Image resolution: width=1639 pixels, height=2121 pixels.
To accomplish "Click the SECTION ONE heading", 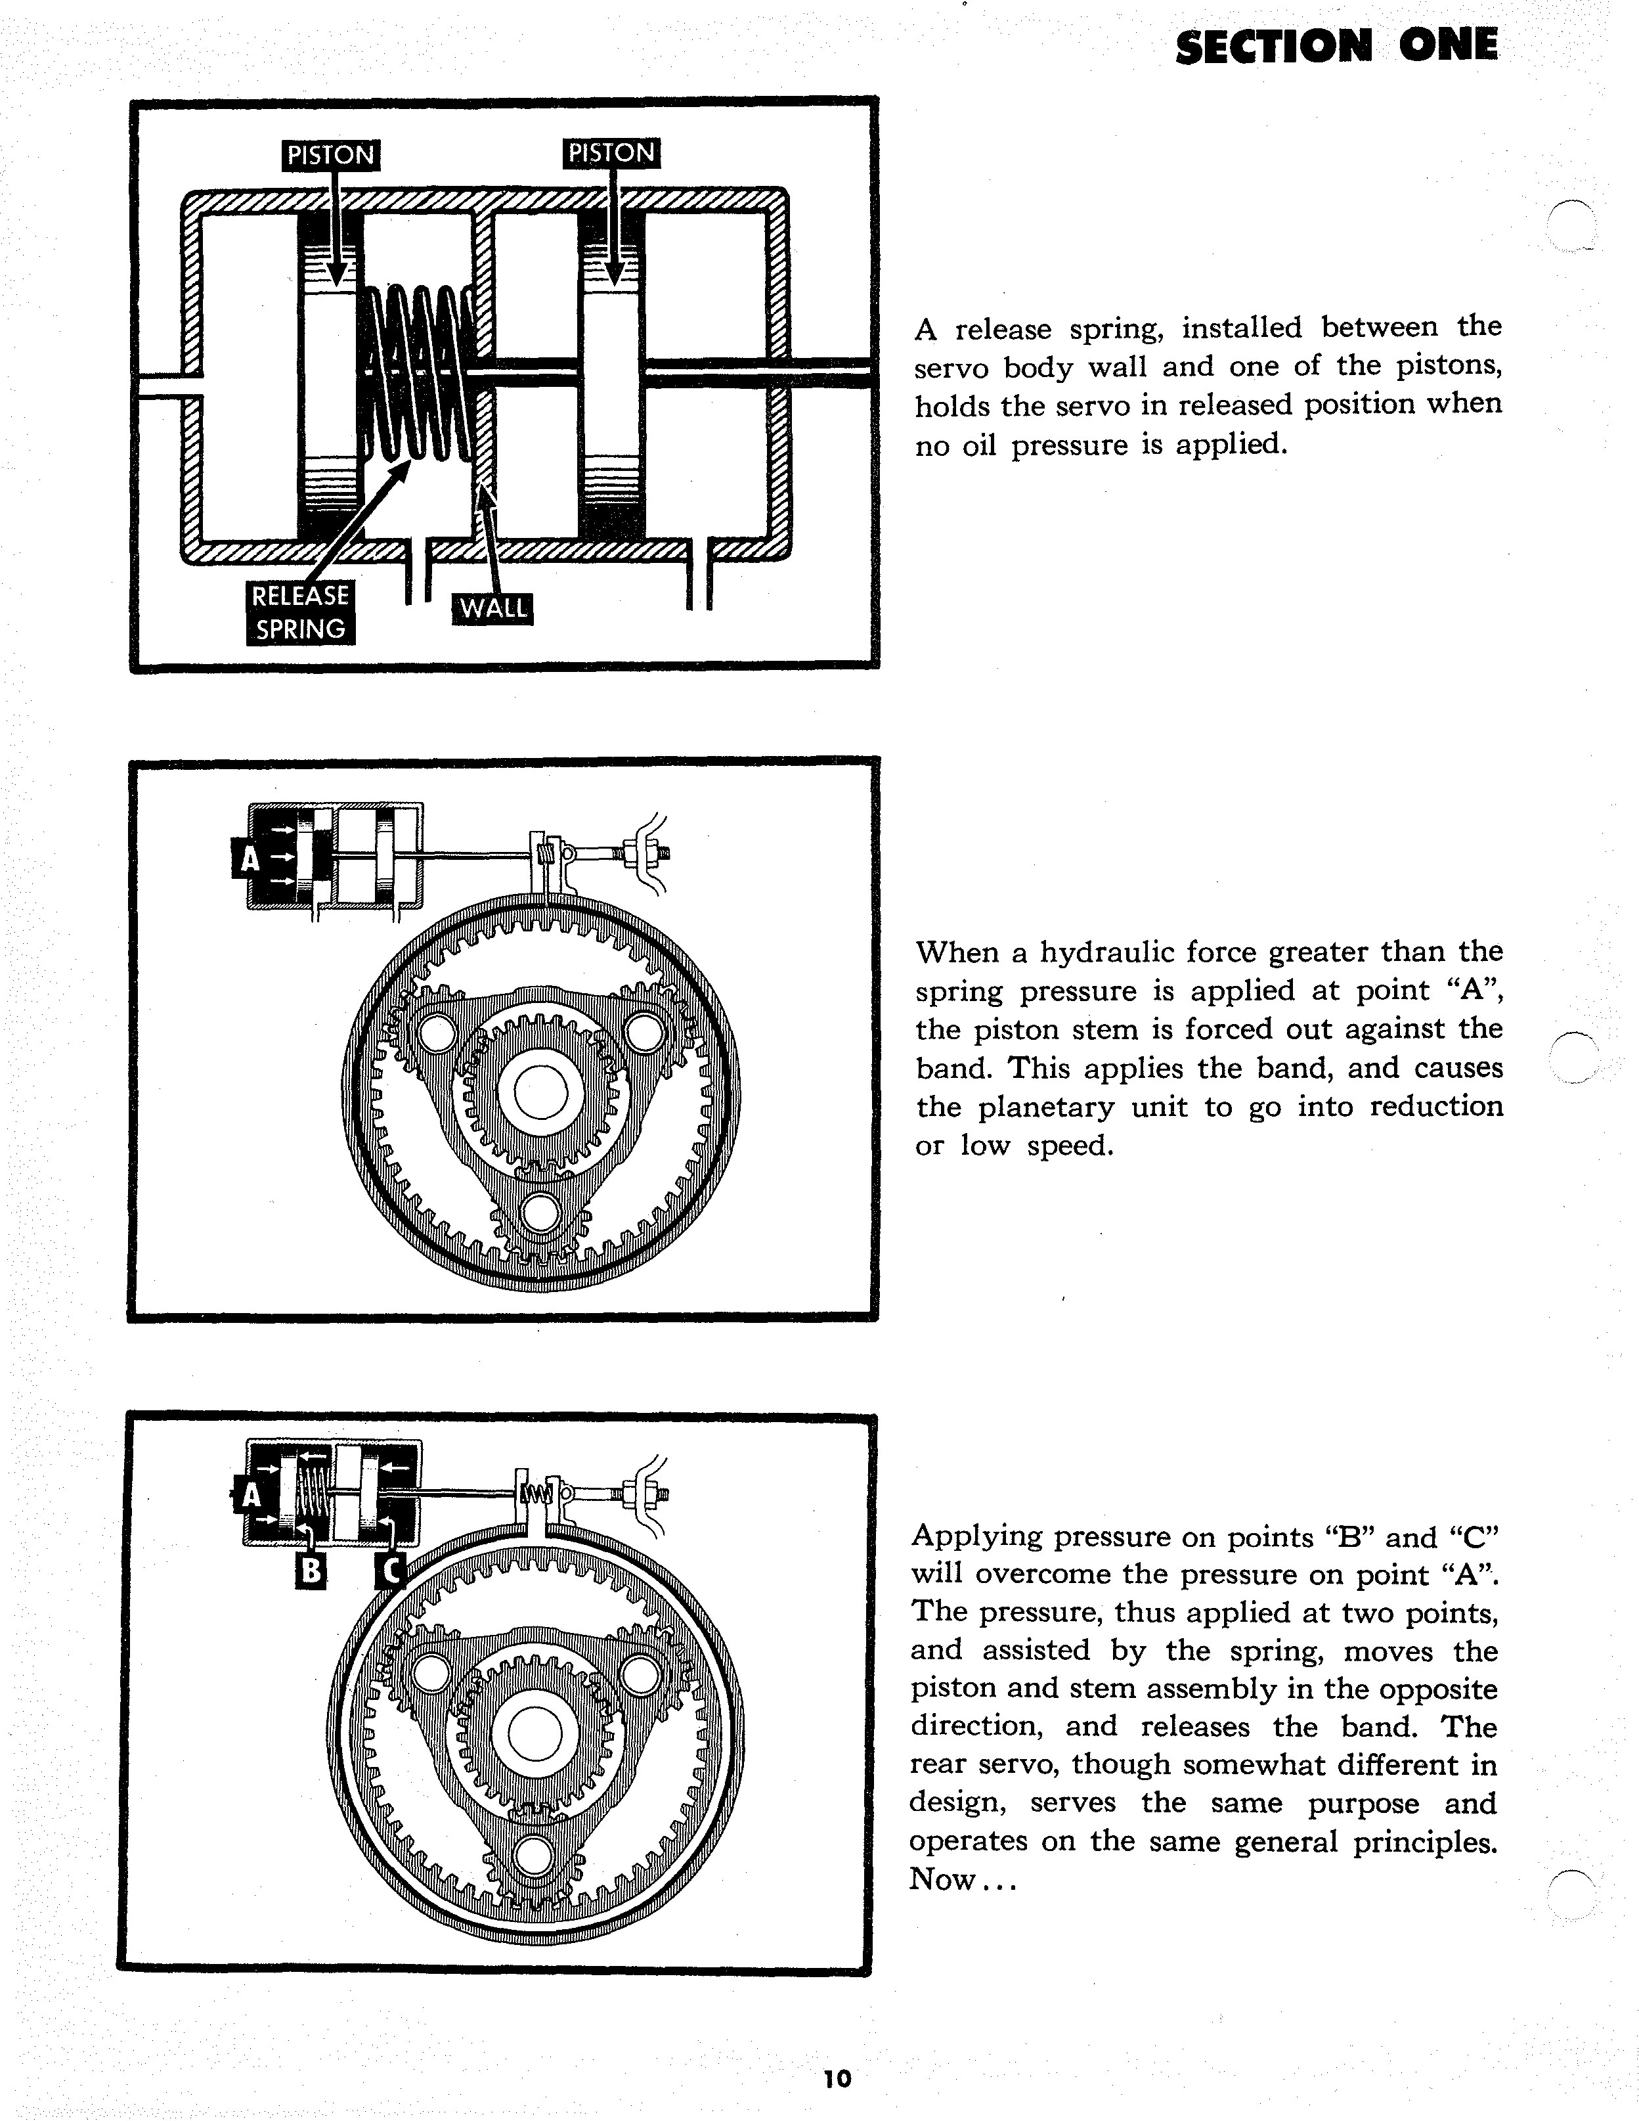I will (x=1336, y=45).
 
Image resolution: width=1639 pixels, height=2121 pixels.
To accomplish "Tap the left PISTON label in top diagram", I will (x=330, y=154).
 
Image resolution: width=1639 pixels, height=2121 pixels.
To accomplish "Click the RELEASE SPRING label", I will (x=300, y=612).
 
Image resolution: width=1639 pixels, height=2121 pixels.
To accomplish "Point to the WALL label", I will (x=493, y=609).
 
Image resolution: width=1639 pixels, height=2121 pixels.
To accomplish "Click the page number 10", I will (x=836, y=2078).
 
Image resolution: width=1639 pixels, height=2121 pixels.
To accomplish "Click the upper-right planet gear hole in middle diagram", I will (x=644, y=1033).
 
